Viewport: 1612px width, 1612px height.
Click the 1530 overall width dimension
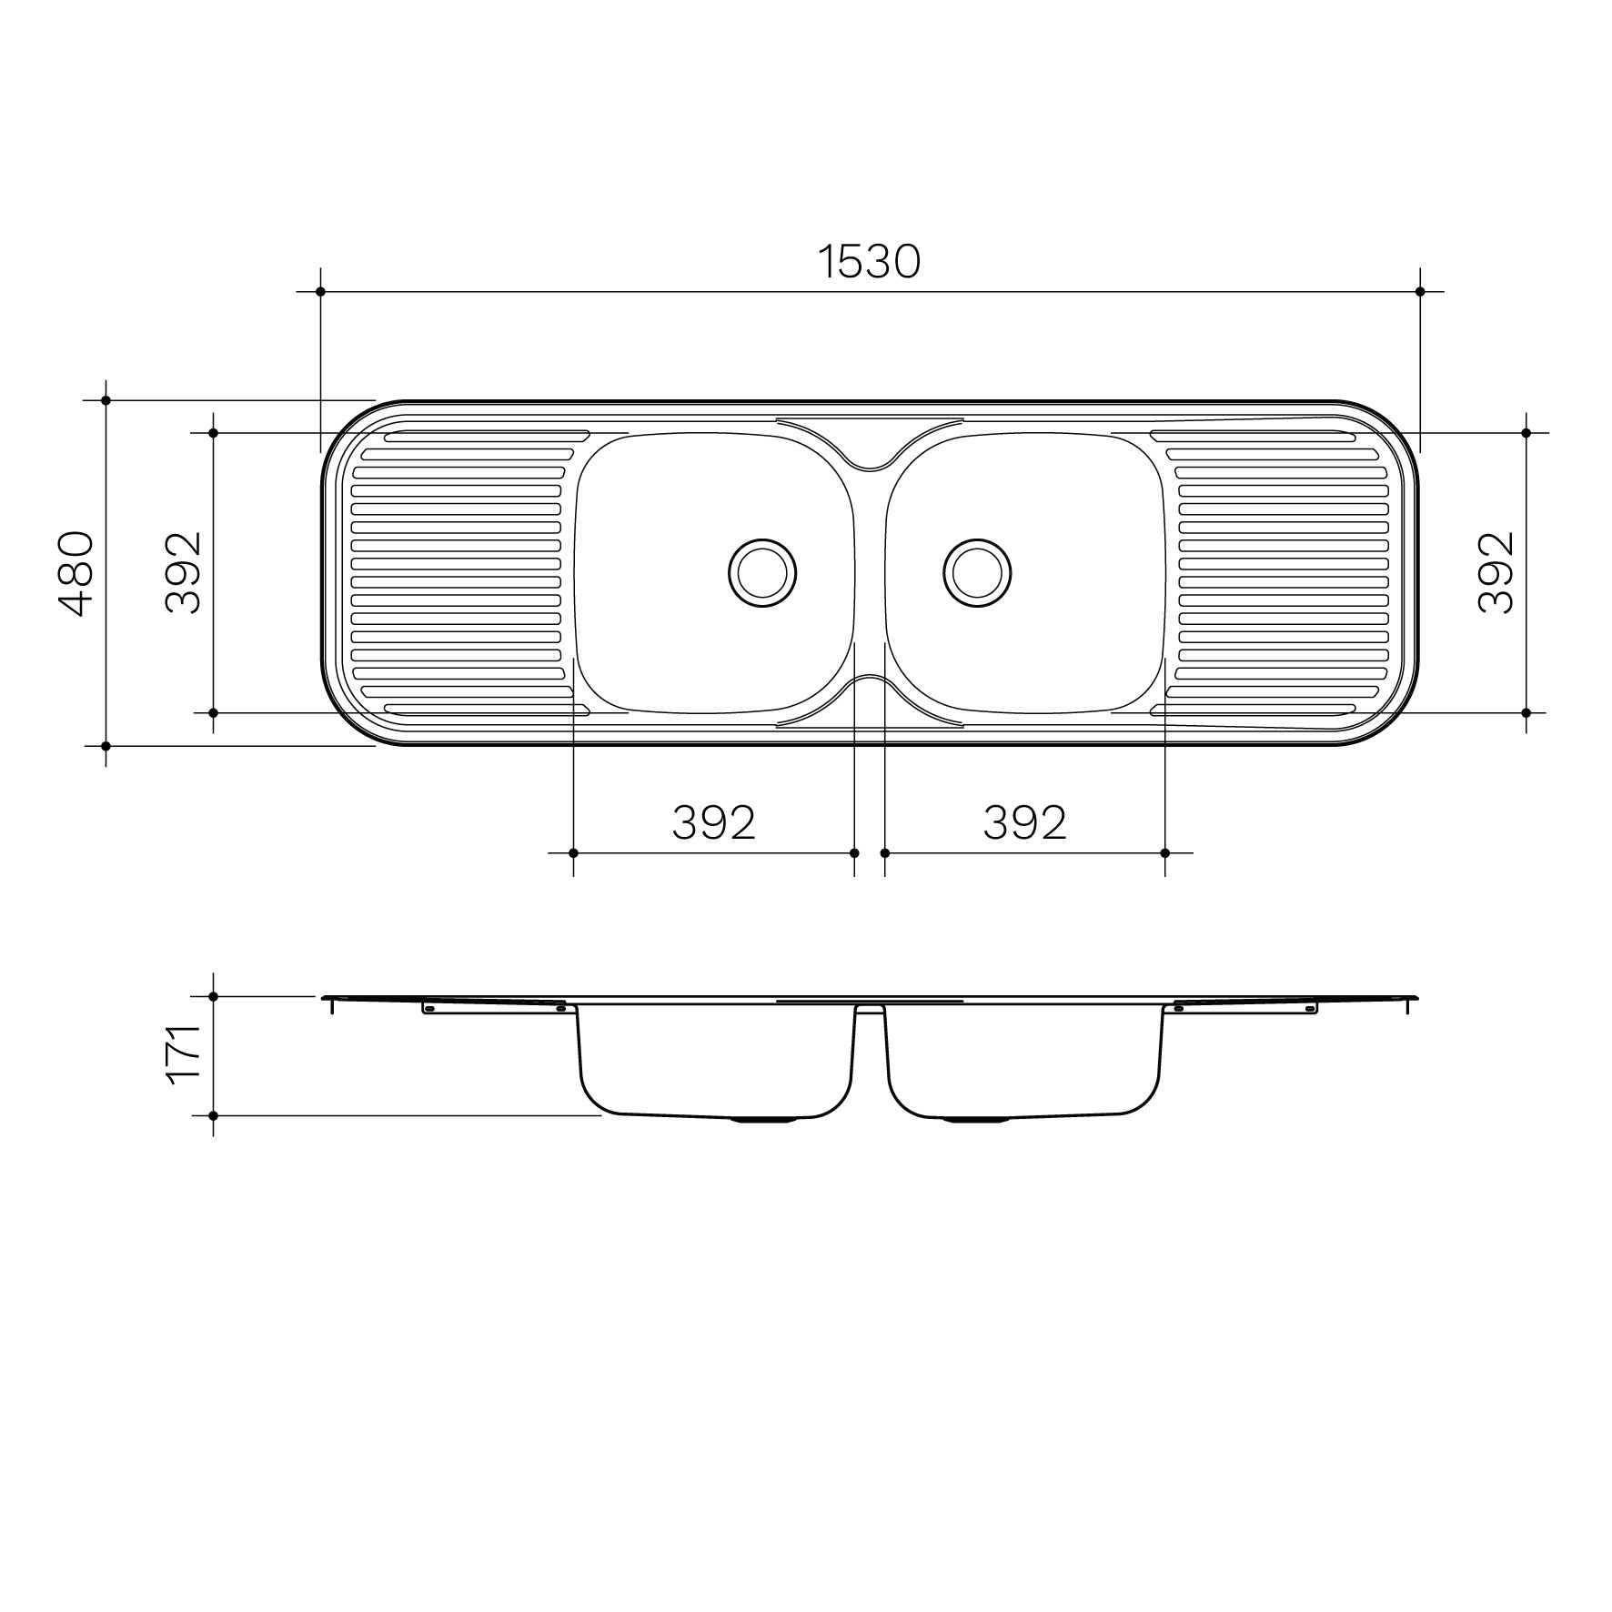[x=870, y=262]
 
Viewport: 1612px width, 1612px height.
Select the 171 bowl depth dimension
[x=183, y=1053]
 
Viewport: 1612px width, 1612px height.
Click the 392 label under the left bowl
[x=714, y=822]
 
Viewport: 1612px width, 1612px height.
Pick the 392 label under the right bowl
[x=1024, y=822]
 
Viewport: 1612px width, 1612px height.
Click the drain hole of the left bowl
[x=762, y=573]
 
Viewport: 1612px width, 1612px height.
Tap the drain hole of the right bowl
[x=977, y=573]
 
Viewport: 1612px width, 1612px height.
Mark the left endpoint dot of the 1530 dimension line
[x=320, y=291]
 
